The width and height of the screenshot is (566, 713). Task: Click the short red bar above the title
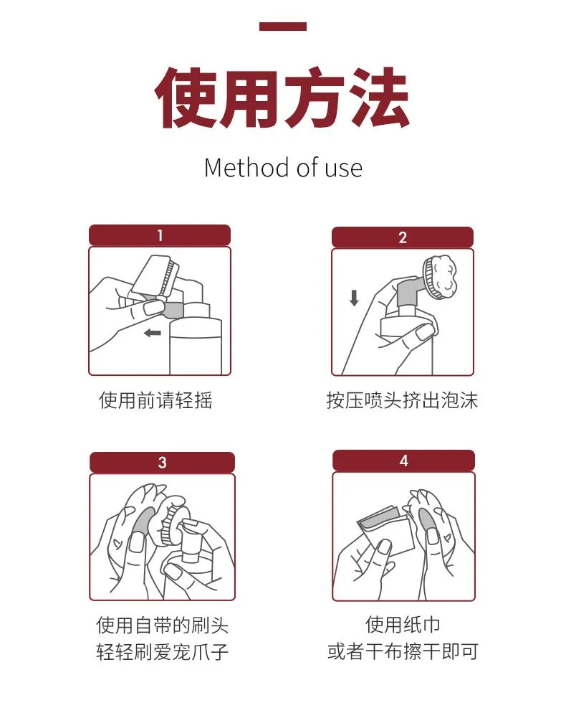[282, 27]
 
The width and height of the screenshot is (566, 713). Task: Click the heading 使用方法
[282, 98]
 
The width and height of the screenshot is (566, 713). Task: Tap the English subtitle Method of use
[283, 167]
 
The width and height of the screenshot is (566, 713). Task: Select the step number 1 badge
[160, 235]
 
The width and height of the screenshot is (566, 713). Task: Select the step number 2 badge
[403, 237]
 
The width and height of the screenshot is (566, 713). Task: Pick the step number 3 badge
[162, 463]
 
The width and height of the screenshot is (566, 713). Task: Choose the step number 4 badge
[404, 461]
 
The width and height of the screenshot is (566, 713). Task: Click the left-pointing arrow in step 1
[152, 334]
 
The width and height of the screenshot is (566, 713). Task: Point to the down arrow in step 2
[355, 298]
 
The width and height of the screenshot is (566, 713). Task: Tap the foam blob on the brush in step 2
[443, 275]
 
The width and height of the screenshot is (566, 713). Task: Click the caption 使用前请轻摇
[155, 400]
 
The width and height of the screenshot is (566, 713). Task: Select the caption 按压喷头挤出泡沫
[402, 400]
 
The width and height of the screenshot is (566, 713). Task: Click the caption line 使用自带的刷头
[162, 625]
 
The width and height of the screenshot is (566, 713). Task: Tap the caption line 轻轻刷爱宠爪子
[162, 651]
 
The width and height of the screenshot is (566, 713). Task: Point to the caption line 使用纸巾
[403, 624]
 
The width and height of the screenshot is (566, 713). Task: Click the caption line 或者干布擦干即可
[403, 651]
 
